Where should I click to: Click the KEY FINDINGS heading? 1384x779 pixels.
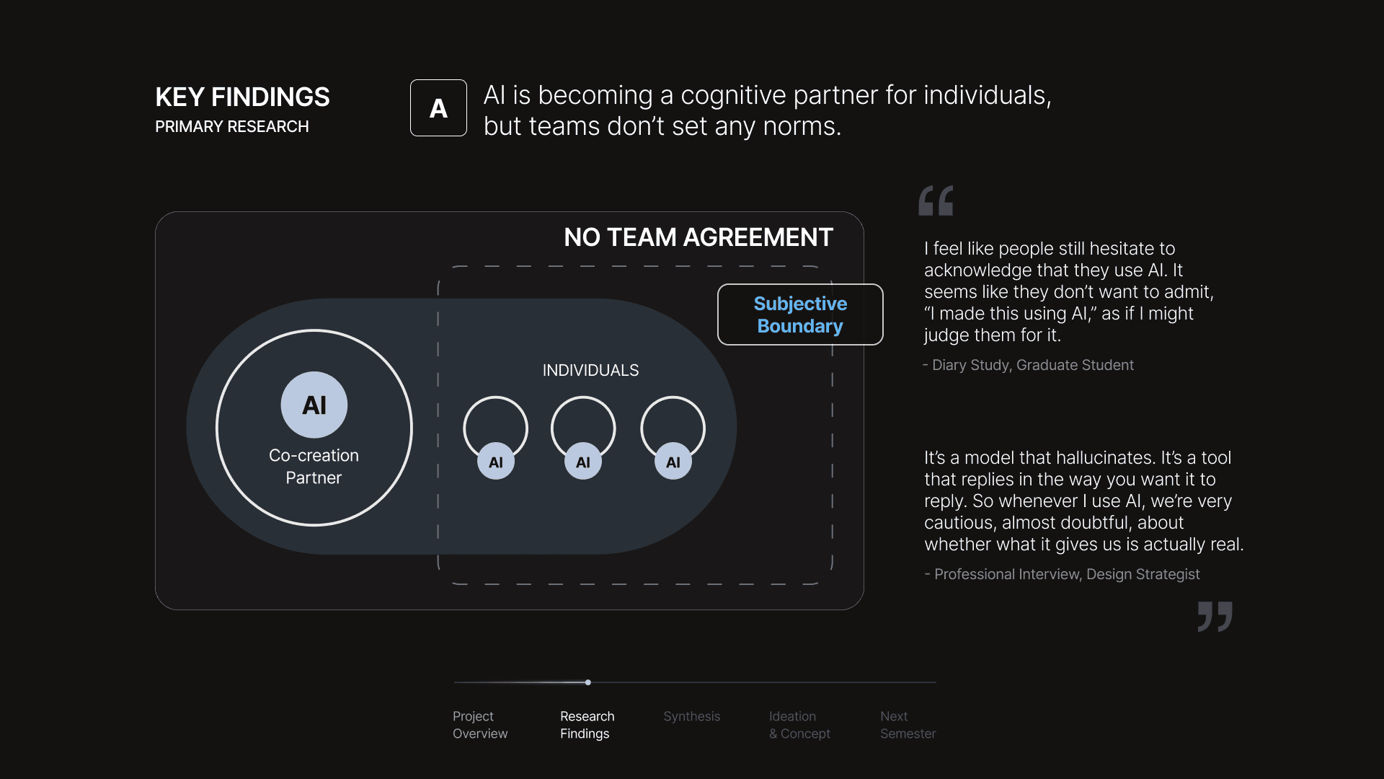point(242,97)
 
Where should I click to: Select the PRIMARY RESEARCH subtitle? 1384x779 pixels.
point(231,127)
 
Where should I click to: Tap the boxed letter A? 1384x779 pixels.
point(438,108)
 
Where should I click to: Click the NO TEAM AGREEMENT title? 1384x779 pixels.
point(698,237)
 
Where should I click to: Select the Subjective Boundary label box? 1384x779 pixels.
point(800,314)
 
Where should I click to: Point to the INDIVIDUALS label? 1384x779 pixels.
point(590,370)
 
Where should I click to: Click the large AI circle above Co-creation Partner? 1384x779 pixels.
point(314,405)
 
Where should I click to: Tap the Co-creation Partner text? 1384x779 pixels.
point(314,467)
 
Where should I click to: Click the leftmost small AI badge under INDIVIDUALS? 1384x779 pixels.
point(496,462)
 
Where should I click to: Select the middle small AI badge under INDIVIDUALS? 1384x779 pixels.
point(583,462)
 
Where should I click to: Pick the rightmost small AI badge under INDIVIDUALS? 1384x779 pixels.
point(673,462)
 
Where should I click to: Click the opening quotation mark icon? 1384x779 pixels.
point(936,201)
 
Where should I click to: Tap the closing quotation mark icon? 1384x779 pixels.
point(1215,617)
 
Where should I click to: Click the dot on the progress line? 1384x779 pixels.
point(588,682)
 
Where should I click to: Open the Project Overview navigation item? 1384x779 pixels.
point(480,725)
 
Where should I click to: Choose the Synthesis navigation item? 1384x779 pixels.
point(691,716)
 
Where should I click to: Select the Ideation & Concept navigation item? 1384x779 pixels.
point(799,725)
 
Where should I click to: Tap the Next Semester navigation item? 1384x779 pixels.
point(908,725)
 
